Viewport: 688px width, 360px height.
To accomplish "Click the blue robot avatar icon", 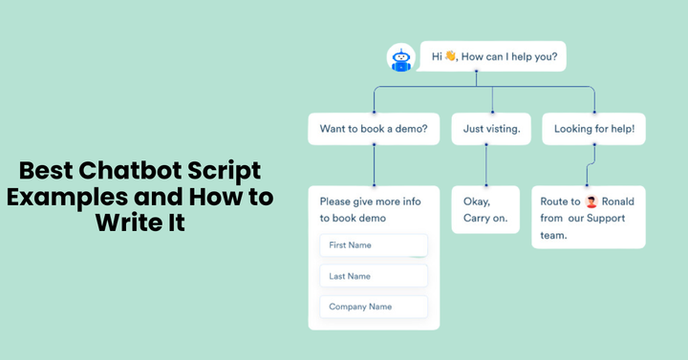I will (x=400, y=57).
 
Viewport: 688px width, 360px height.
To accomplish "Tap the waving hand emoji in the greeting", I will (x=451, y=56).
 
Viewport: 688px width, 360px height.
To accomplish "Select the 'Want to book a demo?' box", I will (x=374, y=129).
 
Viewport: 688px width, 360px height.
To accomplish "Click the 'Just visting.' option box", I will (x=492, y=129).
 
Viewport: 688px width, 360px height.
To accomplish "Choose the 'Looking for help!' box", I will (x=593, y=129).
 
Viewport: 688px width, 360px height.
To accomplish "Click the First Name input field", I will (x=374, y=245).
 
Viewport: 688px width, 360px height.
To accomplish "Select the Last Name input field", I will (x=374, y=276).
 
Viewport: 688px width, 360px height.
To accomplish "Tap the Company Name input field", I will (x=374, y=307).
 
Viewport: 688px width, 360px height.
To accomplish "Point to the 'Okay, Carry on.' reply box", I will (x=485, y=209).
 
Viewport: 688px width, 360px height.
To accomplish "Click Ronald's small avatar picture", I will (x=591, y=201).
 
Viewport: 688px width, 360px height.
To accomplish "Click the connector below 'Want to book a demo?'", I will (x=374, y=165).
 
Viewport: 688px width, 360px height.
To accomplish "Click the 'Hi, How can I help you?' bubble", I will (x=493, y=56).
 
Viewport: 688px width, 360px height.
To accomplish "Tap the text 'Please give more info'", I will (x=369, y=201).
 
